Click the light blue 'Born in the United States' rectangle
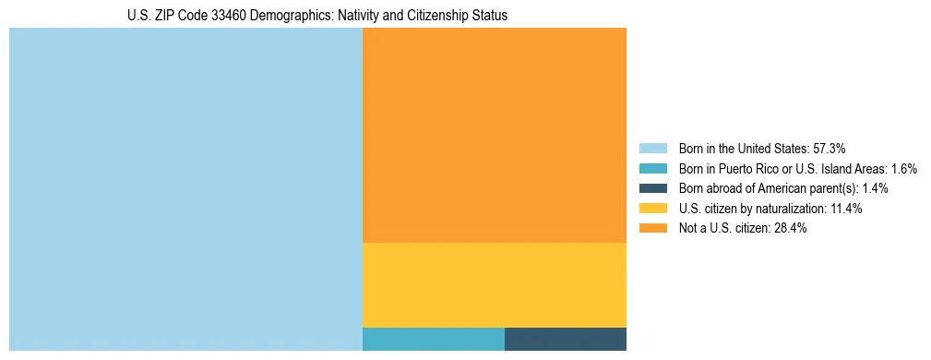tap(185, 189)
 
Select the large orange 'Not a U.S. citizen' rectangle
tap(495, 135)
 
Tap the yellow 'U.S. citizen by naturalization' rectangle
tap(495, 284)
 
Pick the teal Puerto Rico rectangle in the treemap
tap(434, 339)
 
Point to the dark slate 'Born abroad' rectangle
tap(566, 339)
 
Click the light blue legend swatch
tap(652, 149)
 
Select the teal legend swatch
tap(652, 169)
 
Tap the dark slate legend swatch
tap(652, 188)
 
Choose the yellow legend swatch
tap(652, 209)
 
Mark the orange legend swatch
tap(652, 229)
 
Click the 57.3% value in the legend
tap(829, 149)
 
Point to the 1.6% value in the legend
tap(904, 169)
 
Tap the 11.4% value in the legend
tap(844, 209)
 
